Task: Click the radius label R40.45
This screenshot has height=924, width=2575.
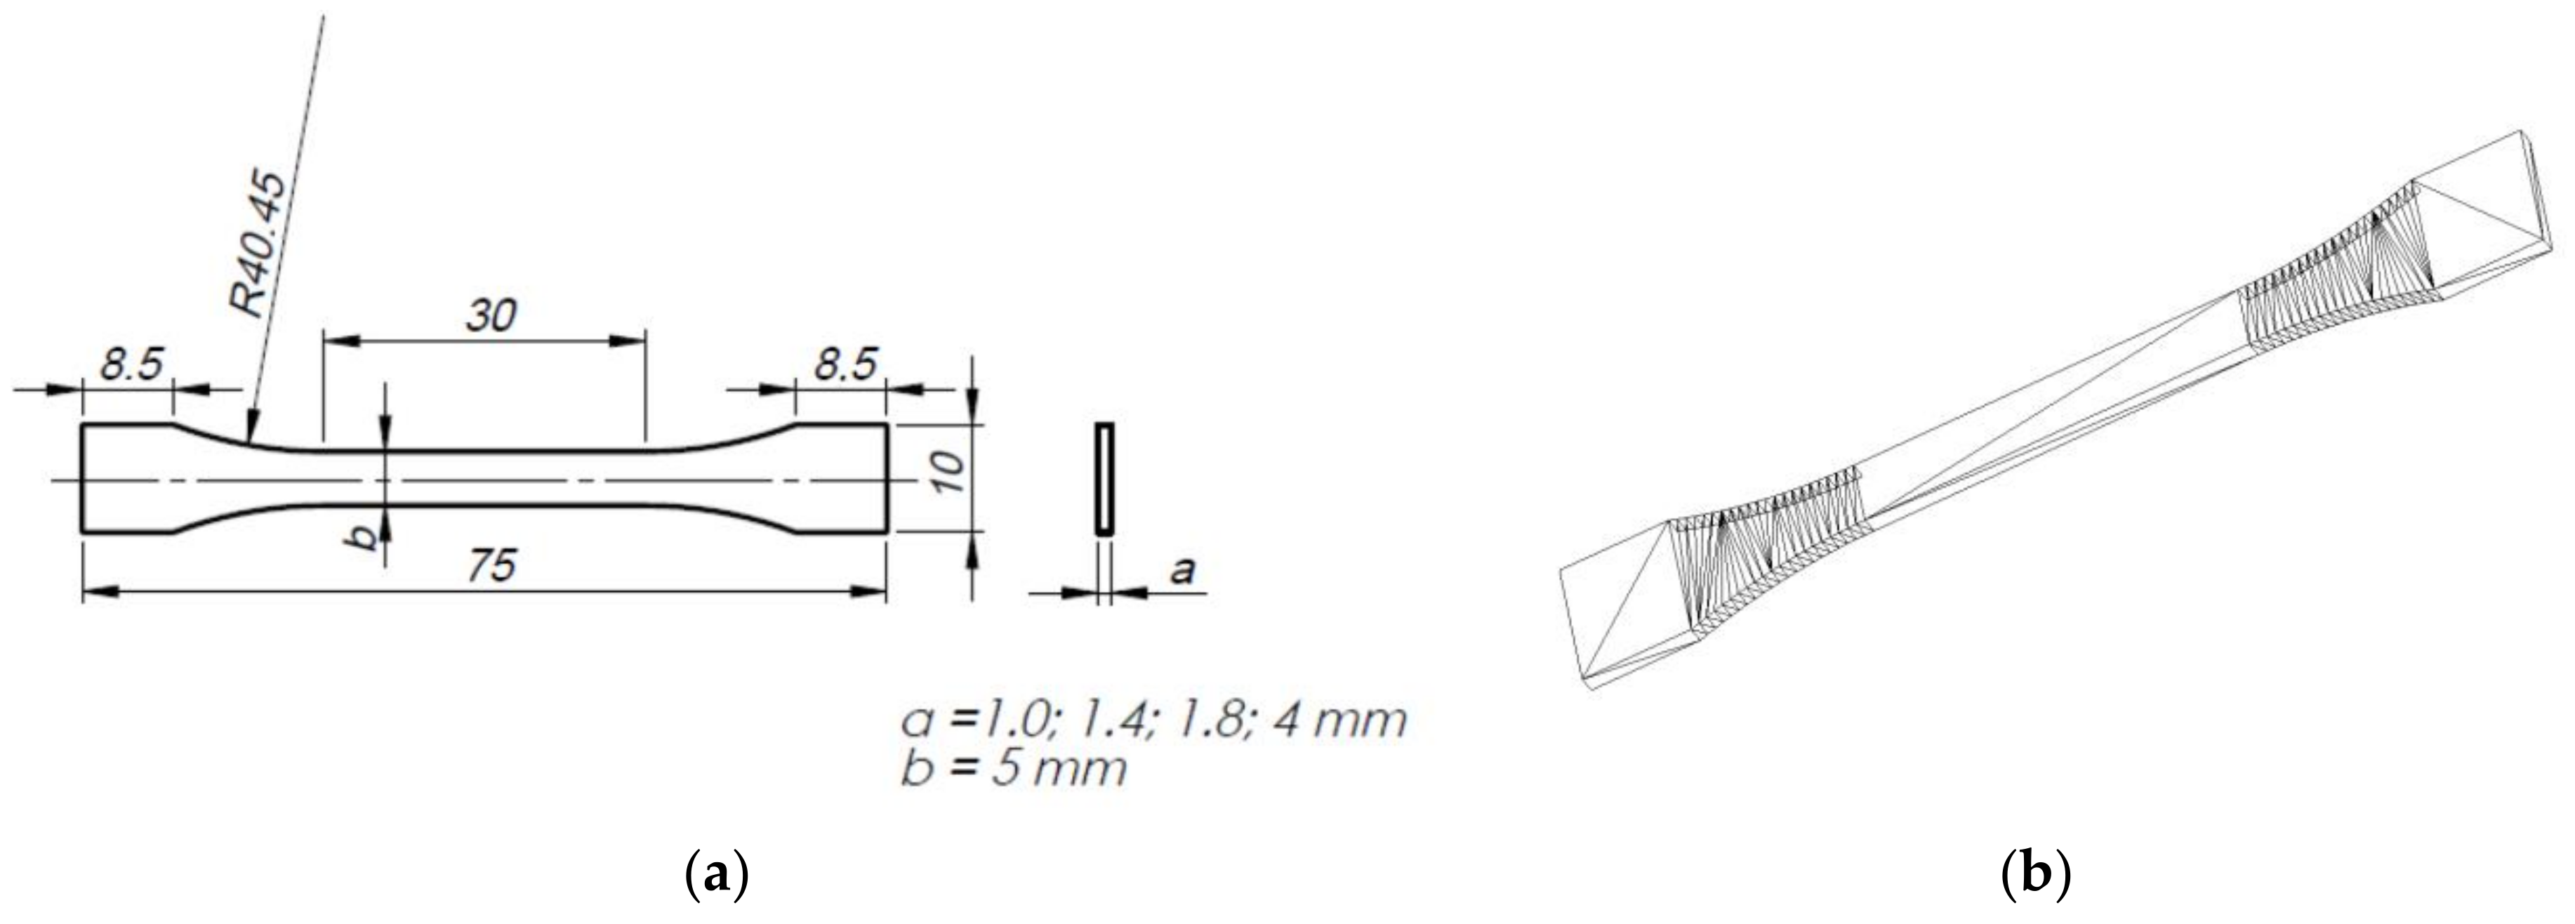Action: tap(257, 245)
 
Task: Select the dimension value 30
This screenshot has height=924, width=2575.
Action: tap(490, 316)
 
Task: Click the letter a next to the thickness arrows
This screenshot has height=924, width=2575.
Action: tap(1181, 571)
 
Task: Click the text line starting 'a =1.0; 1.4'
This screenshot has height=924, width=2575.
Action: tap(1153, 719)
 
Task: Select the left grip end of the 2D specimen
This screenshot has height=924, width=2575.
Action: tap(125, 479)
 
